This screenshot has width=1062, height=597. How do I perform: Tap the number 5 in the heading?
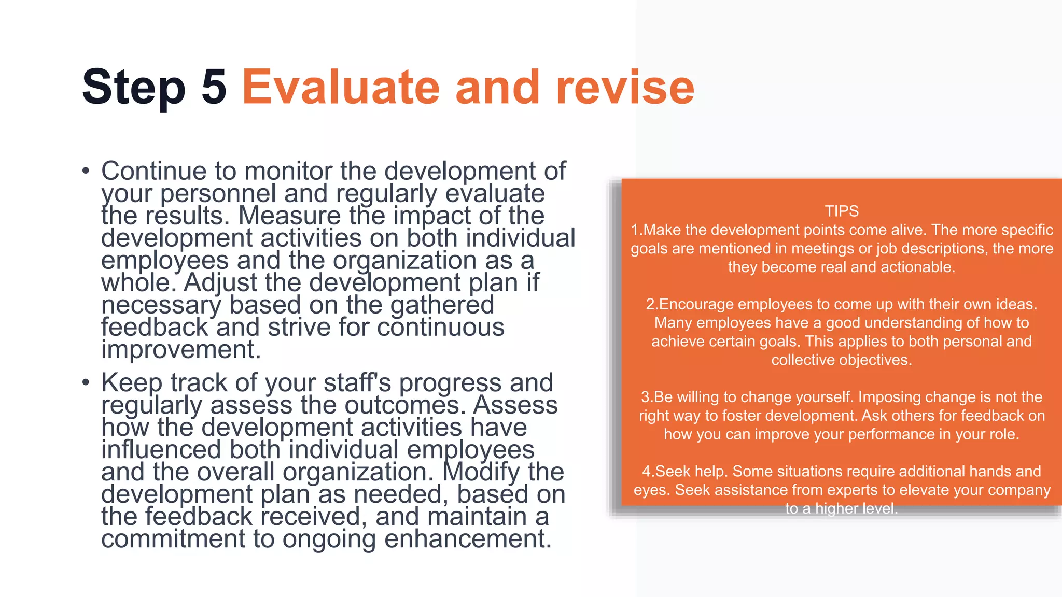(x=214, y=87)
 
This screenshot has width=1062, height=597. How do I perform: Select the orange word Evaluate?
(x=341, y=87)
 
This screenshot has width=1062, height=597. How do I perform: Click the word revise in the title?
(x=624, y=87)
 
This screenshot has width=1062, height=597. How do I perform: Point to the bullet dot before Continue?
(x=86, y=171)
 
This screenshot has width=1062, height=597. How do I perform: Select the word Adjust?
(x=220, y=282)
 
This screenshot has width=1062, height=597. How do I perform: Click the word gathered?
(x=442, y=305)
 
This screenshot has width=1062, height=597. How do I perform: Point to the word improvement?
(x=180, y=349)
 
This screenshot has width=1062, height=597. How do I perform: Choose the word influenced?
(x=161, y=450)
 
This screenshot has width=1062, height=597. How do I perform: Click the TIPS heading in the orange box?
(x=841, y=211)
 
